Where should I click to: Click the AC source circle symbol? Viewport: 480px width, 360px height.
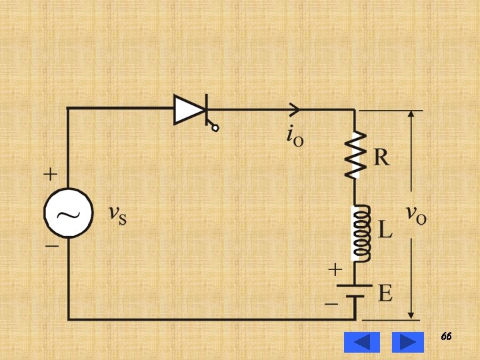[x=68, y=213]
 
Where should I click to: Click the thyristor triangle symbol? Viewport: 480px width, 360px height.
[x=189, y=109]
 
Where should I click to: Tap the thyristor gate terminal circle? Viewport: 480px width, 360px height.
[x=215, y=127]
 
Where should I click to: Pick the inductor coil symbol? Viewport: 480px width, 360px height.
[x=361, y=232]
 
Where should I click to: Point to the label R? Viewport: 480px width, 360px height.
[x=381, y=158]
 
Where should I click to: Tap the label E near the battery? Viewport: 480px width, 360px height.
[x=385, y=293]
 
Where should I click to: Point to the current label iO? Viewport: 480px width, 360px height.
[x=295, y=135]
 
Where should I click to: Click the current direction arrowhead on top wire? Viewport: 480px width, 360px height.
[x=295, y=109]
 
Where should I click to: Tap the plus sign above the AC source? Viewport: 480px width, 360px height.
[x=51, y=175]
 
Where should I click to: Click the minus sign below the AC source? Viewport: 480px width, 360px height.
[x=51, y=246]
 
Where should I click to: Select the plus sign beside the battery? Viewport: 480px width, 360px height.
[x=335, y=270]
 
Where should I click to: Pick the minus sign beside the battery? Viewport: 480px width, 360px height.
[x=331, y=304]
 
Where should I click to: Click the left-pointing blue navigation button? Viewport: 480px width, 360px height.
[x=361, y=342]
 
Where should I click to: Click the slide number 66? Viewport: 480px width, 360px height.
[x=446, y=337]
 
